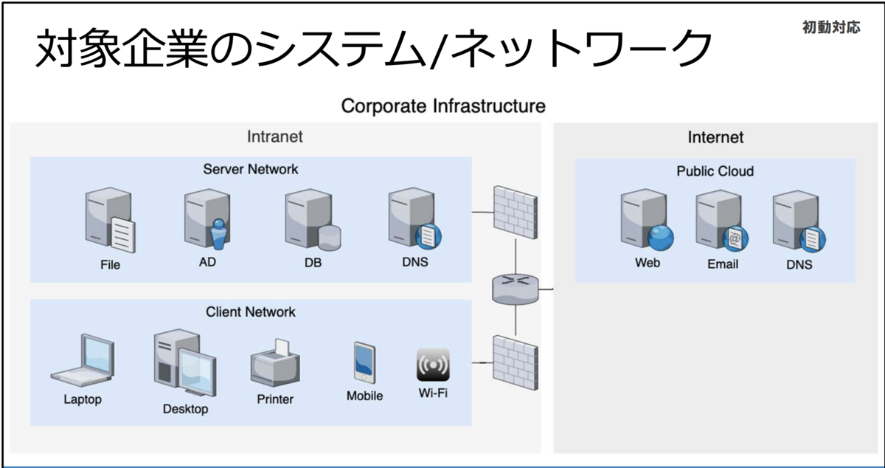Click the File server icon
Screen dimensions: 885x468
[x=110, y=220]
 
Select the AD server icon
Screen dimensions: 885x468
[x=207, y=219]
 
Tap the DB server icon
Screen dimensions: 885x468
[x=313, y=219]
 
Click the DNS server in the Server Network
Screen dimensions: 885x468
[x=414, y=218]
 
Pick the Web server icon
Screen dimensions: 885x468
[x=647, y=220]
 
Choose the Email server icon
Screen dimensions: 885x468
[x=722, y=221]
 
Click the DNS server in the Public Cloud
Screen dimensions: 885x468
[x=799, y=221]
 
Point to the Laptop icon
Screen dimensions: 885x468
[x=83, y=360]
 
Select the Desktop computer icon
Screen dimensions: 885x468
[x=185, y=363]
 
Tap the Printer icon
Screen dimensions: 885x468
[x=275, y=363]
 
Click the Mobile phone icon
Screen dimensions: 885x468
[x=364, y=362]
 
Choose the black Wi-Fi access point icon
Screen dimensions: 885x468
[x=433, y=365]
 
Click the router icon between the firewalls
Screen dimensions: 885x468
[x=516, y=289]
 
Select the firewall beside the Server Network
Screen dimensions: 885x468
[x=516, y=213]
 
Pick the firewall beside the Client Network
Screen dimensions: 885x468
[x=516, y=362]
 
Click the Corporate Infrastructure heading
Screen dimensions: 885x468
[x=443, y=106]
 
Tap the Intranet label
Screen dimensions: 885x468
[x=275, y=137]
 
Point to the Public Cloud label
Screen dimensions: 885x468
[x=715, y=171]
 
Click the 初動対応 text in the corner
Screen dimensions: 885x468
[x=831, y=27]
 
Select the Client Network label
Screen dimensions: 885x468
[x=251, y=312]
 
